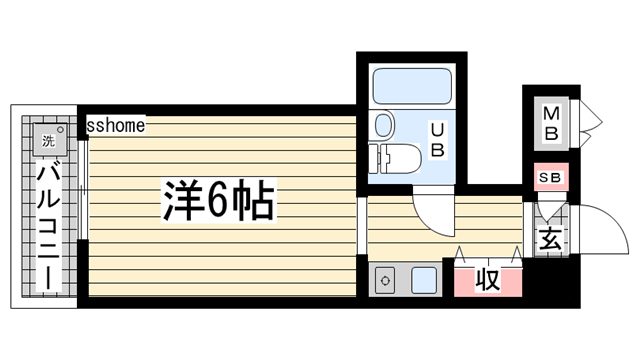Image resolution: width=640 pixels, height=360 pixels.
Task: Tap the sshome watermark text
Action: coord(116,126)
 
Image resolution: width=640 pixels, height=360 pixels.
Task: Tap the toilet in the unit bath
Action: coord(398,158)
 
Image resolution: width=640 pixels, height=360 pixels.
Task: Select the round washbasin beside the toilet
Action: coord(383,126)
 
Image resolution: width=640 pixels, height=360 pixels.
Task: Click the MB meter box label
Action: coord(551,121)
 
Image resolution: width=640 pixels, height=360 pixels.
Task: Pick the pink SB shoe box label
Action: coord(550,177)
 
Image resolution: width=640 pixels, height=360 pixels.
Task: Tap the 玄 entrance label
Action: coord(550,240)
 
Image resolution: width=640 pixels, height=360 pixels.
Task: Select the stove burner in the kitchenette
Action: coord(386,281)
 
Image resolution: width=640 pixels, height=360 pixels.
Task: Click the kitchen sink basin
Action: coord(423,280)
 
